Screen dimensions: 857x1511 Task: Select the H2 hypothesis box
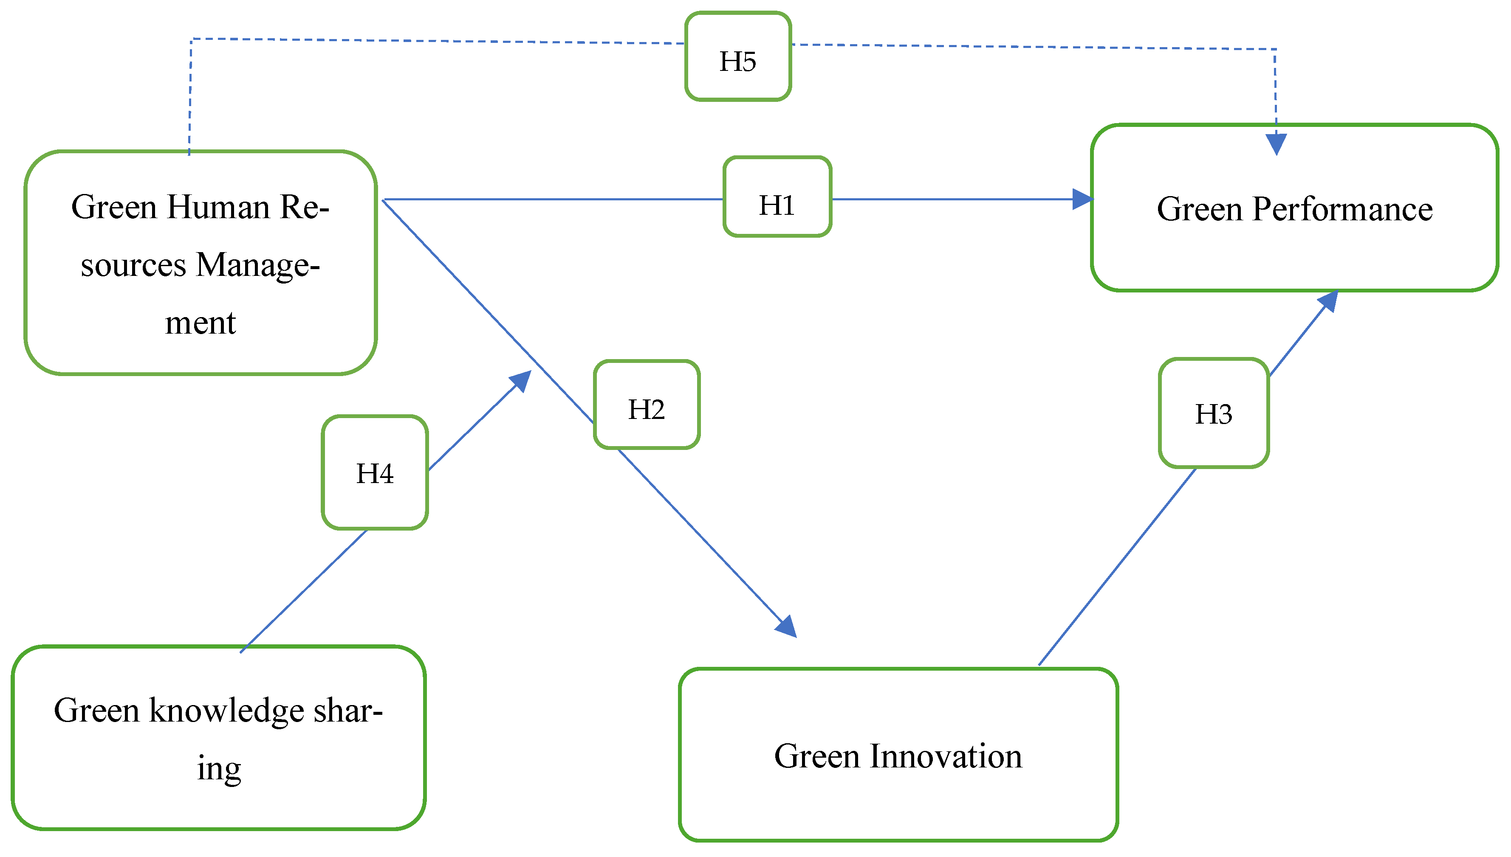pos(647,405)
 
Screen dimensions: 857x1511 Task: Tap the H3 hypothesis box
pos(1213,413)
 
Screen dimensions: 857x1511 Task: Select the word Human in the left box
pos(218,207)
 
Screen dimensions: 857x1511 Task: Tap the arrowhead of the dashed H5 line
pos(1276,144)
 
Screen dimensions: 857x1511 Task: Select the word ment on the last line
pos(200,323)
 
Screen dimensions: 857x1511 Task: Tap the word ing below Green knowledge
pos(218,769)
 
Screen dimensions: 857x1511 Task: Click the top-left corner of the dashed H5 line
pos(192,39)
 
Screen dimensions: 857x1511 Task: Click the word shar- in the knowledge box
pos(347,711)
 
